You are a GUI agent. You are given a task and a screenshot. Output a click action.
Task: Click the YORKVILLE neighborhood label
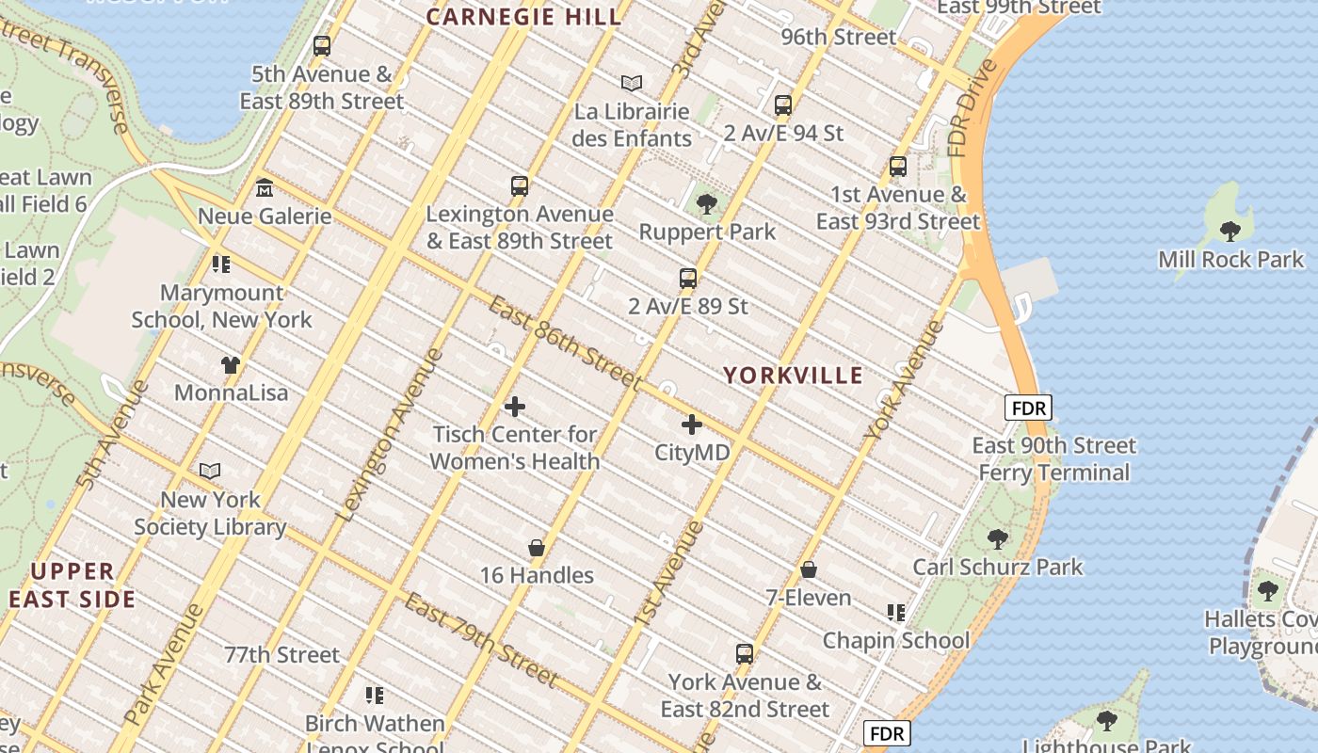point(793,376)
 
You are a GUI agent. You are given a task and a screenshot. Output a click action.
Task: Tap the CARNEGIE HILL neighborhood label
point(523,16)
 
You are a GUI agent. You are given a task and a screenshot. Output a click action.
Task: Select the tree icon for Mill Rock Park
point(1230,231)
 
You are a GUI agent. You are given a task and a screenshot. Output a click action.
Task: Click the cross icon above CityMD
point(692,425)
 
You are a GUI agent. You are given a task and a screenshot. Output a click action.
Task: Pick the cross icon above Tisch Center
point(515,407)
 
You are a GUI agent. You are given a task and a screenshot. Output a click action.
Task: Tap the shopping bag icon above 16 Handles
point(537,548)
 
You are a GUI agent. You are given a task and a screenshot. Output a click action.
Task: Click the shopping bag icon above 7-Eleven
point(808,569)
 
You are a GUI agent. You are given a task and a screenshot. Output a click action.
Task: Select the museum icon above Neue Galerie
point(265,188)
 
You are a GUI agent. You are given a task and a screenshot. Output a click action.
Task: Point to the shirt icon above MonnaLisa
point(231,364)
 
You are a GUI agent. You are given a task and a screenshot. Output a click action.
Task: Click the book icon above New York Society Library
point(210,471)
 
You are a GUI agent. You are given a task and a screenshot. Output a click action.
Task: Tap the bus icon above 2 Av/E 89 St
point(688,279)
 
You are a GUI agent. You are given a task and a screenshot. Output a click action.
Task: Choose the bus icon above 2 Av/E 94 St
point(783,105)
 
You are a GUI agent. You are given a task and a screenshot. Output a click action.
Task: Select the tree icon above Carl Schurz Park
point(998,539)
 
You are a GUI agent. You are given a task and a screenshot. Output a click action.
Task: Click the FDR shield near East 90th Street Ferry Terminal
point(1028,409)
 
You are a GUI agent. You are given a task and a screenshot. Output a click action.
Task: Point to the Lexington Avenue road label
point(389,434)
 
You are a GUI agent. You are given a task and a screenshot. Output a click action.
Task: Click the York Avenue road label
point(903,380)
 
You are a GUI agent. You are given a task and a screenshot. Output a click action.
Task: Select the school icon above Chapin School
point(895,613)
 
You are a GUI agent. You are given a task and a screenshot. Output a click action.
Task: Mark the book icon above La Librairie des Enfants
point(632,83)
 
